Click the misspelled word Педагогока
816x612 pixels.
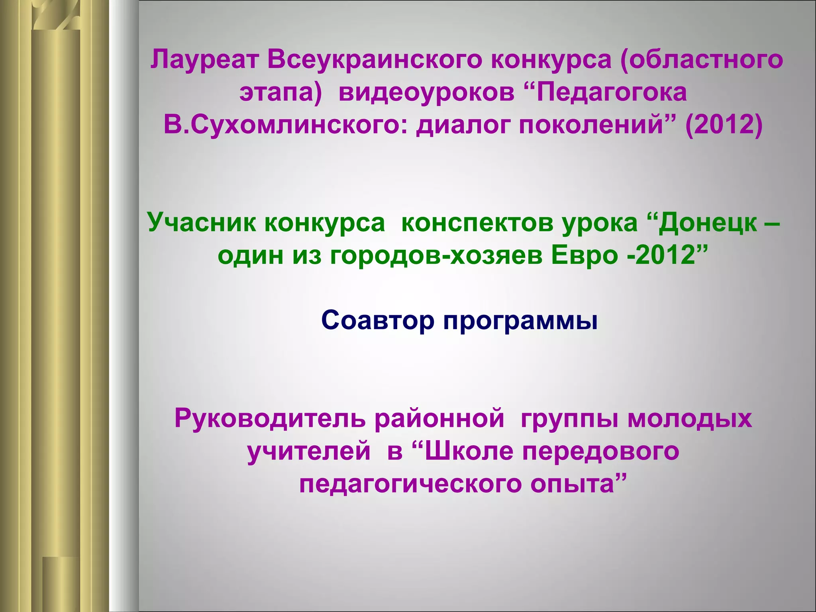(x=612, y=92)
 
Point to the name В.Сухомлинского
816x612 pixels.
(x=286, y=125)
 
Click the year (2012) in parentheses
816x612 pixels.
(x=724, y=125)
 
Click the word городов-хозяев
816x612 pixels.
(x=436, y=255)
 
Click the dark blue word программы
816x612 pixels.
(x=520, y=321)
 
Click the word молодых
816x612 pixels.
(x=690, y=419)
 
